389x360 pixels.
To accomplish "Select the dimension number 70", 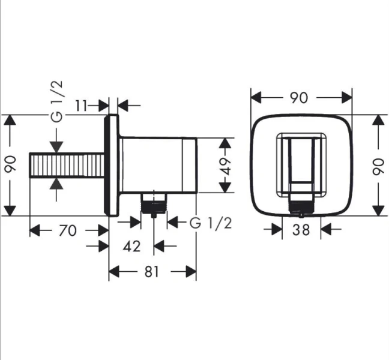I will point(68,229).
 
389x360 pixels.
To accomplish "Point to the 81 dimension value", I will point(151,272).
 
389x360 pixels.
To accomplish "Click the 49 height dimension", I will point(225,166).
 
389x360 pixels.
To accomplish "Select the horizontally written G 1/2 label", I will point(211,223).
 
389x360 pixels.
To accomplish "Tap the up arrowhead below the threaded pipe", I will point(56,182).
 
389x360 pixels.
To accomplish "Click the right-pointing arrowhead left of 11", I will point(103,106).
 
